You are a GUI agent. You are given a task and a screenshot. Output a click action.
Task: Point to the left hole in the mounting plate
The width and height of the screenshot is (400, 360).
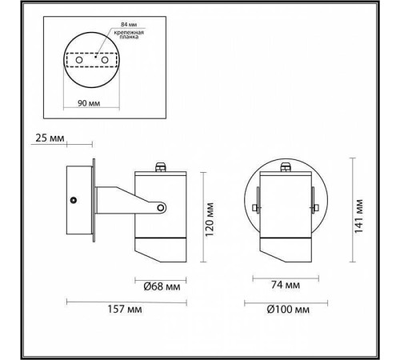pos(79,58)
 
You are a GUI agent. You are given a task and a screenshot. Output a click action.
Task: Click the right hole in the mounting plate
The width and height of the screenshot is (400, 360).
pos(104,58)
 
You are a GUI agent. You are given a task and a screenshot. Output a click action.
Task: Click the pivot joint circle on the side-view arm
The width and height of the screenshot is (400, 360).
pos(162,208)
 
